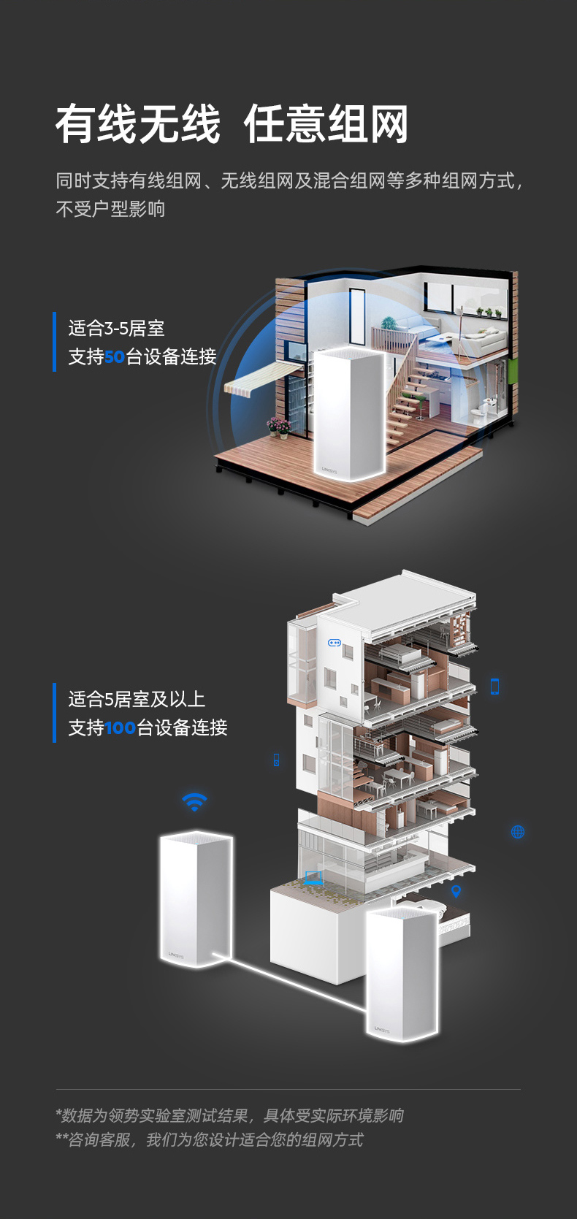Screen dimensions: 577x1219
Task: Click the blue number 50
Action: [115, 357]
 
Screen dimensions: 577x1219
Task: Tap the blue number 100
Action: [120, 727]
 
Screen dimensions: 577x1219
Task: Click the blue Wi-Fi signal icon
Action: [194, 801]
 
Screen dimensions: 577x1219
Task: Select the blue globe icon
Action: [518, 831]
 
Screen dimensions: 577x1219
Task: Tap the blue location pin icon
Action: [456, 891]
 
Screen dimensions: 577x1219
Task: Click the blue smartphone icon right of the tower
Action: [494, 687]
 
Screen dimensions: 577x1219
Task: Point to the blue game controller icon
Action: [335, 643]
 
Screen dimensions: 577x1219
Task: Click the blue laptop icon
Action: [314, 877]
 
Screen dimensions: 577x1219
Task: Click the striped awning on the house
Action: [261, 379]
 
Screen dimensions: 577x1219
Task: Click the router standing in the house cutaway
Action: [350, 413]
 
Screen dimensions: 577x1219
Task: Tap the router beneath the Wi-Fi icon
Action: [196, 898]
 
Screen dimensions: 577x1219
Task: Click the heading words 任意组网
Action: [326, 125]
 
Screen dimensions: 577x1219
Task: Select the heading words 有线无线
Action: [138, 125]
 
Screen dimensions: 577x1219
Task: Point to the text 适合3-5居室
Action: [116, 328]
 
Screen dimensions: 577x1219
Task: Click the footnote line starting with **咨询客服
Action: [210, 1139]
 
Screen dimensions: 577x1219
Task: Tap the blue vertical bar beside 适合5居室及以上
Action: [55, 712]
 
